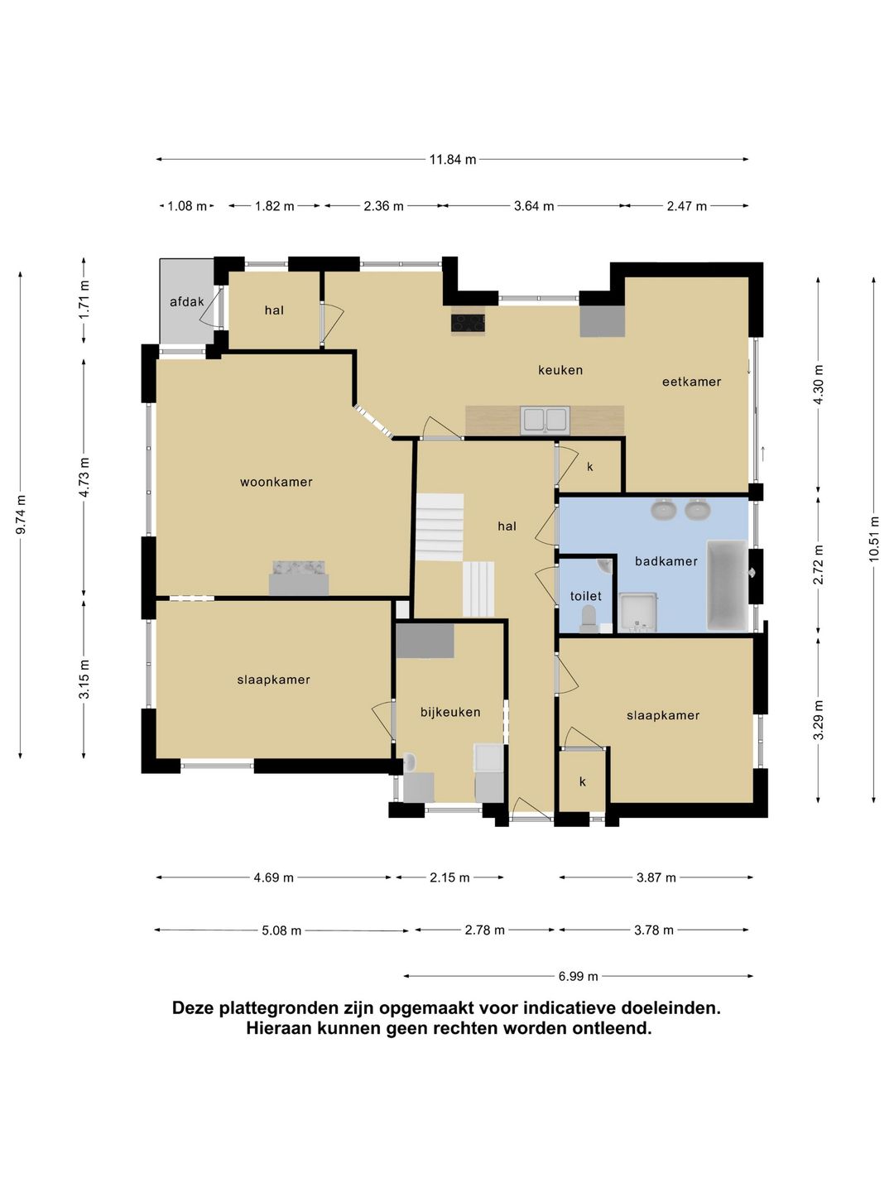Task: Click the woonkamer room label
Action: [276, 482]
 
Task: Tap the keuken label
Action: [560, 370]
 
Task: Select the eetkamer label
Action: [691, 382]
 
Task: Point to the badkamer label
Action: [666, 561]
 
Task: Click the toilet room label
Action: [586, 596]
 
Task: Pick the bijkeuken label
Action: [450, 712]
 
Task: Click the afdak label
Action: [187, 301]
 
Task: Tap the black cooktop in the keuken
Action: [469, 323]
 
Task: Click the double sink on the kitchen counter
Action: [545, 421]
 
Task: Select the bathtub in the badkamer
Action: [727, 585]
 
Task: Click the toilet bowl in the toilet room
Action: [588, 620]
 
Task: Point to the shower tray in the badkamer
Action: [638, 613]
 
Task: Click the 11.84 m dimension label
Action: [452, 160]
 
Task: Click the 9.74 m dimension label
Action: [21, 514]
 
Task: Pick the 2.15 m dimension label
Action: [449, 877]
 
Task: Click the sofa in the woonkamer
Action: [299, 578]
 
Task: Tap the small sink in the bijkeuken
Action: [410, 762]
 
